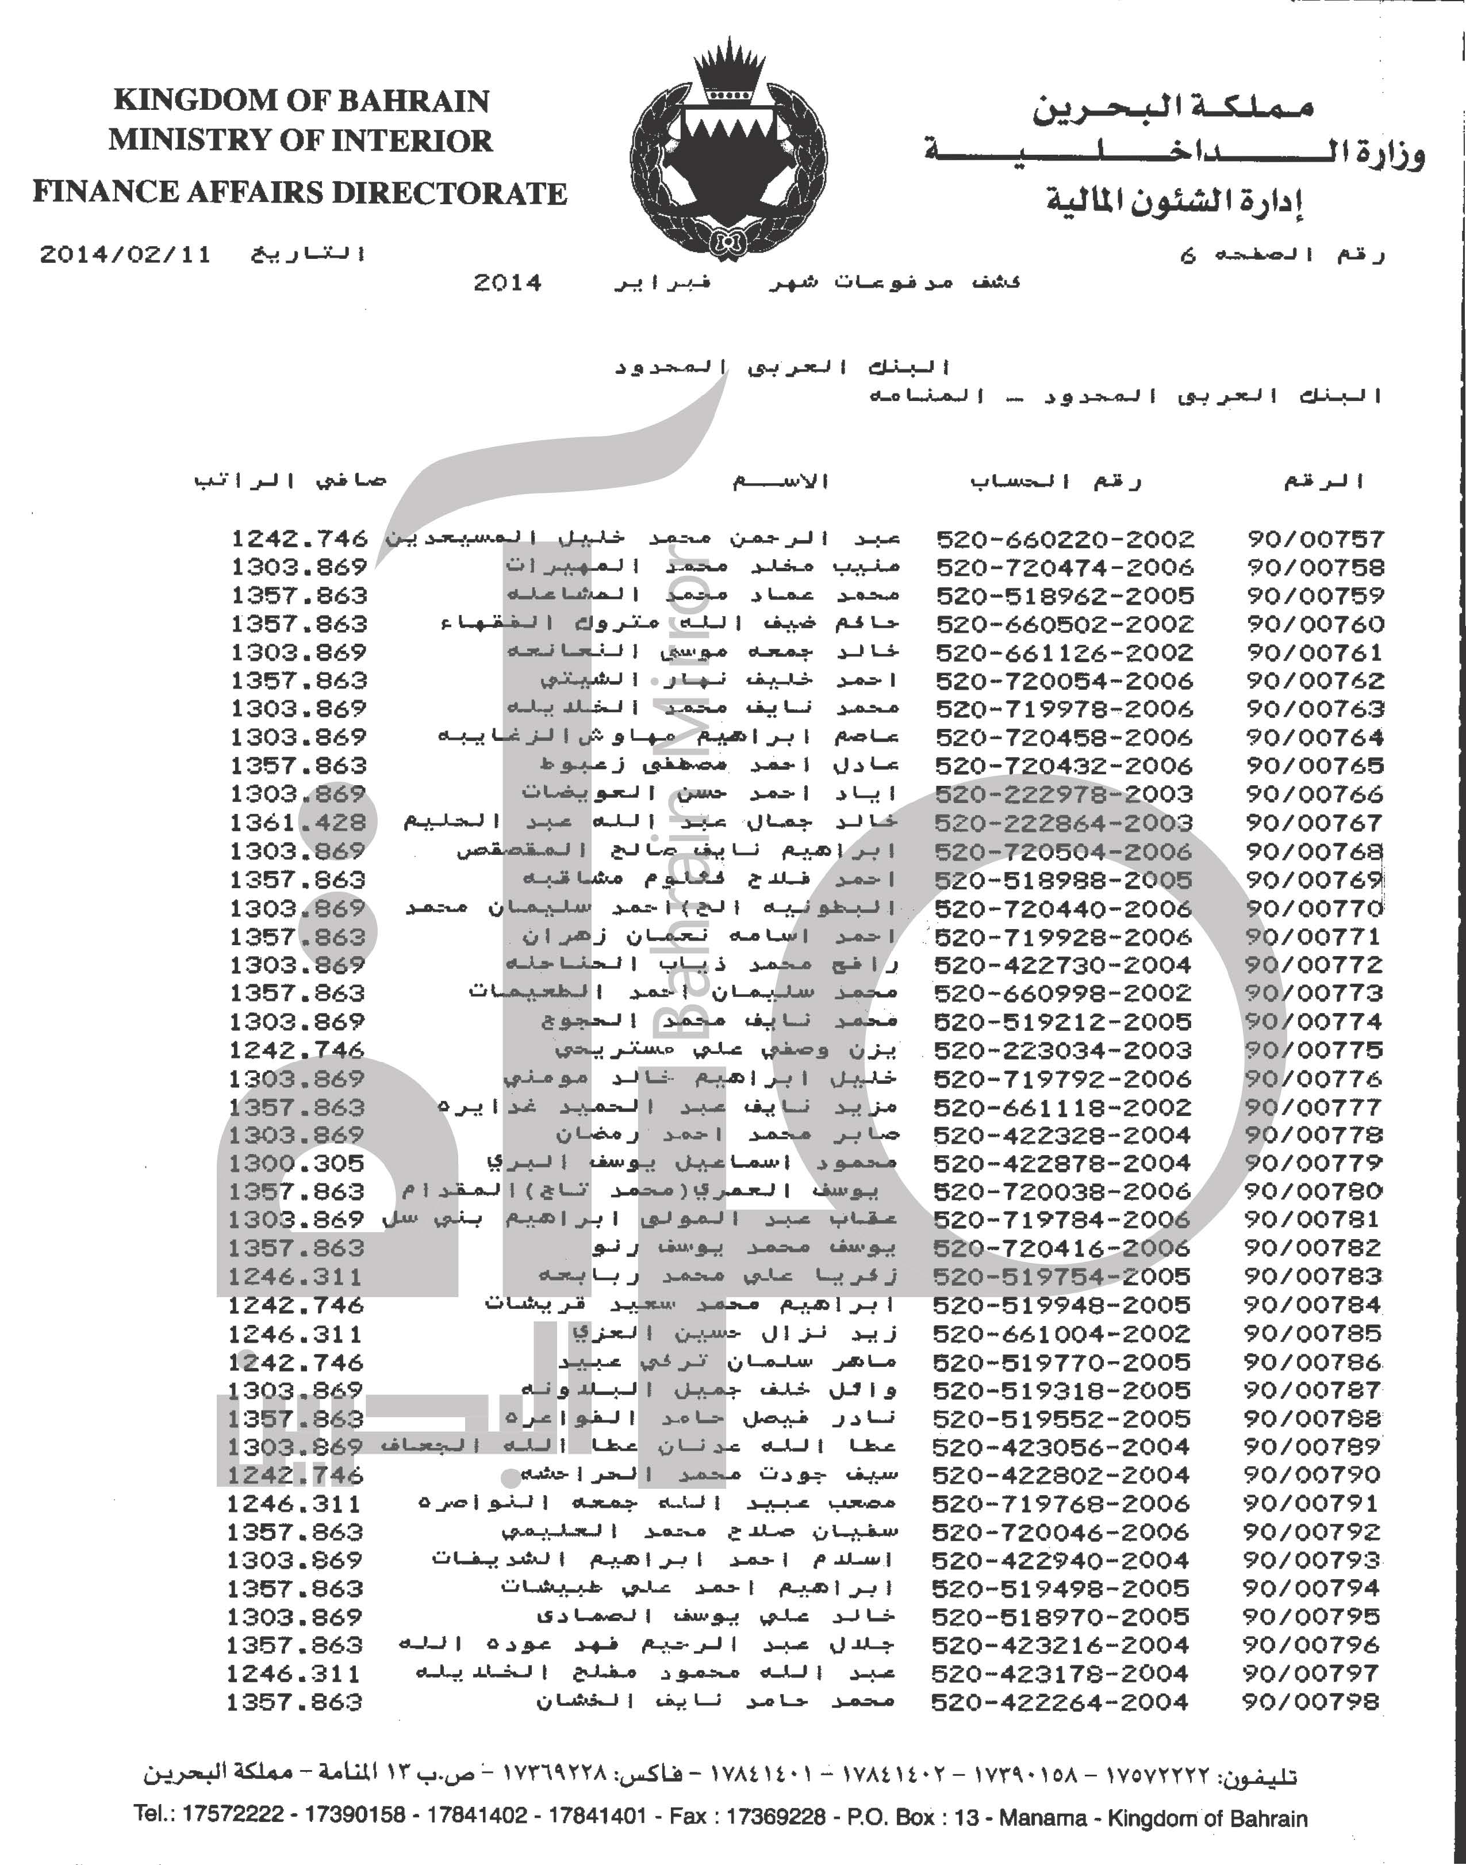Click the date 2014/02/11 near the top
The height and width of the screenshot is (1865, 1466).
(125, 255)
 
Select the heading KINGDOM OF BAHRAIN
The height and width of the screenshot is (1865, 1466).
(301, 101)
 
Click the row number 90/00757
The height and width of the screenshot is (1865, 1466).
(1315, 539)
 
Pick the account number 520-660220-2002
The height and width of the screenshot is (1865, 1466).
(1064, 539)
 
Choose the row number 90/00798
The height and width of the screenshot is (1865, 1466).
(1311, 1702)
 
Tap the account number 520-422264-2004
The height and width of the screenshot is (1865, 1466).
(1059, 1702)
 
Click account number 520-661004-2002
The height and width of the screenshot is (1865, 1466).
(1061, 1333)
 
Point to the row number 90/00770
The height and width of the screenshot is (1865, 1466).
(1314, 908)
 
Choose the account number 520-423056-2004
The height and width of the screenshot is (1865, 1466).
(1061, 1447)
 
